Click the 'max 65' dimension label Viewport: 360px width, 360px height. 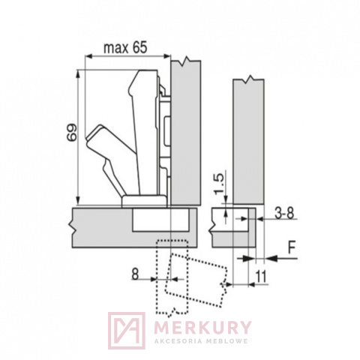[x=125, y=47]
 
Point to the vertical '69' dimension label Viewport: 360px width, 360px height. [x=73, y=133]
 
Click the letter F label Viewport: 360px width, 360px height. [x=292, y=247]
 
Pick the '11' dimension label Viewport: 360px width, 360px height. [x=261, y=276]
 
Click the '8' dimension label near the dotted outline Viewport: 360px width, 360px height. [x=135, y=274]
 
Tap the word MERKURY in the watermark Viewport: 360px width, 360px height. [x=202, y=327]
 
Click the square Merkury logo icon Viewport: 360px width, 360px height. [x=127, y=330]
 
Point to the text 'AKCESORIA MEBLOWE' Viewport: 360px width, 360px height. [x=201, y=341]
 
